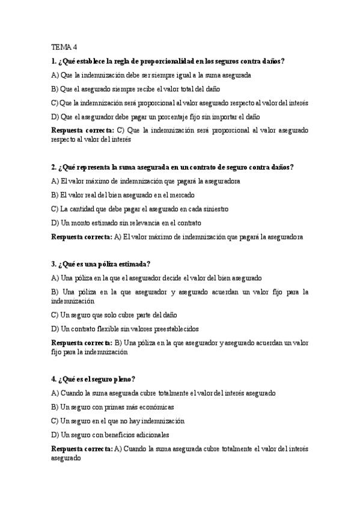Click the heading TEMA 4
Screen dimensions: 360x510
coord(64,47)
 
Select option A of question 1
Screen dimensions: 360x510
coord(151,75)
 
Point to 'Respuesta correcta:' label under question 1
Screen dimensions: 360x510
coord(82,130)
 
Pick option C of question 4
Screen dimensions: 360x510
coord(118,421)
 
